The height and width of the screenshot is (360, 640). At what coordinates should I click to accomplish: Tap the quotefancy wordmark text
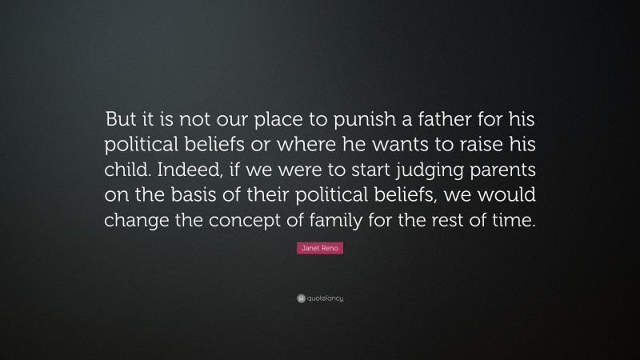(x=325, y=298)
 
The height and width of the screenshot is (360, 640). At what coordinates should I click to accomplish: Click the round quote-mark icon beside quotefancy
(x=300, y=298)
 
